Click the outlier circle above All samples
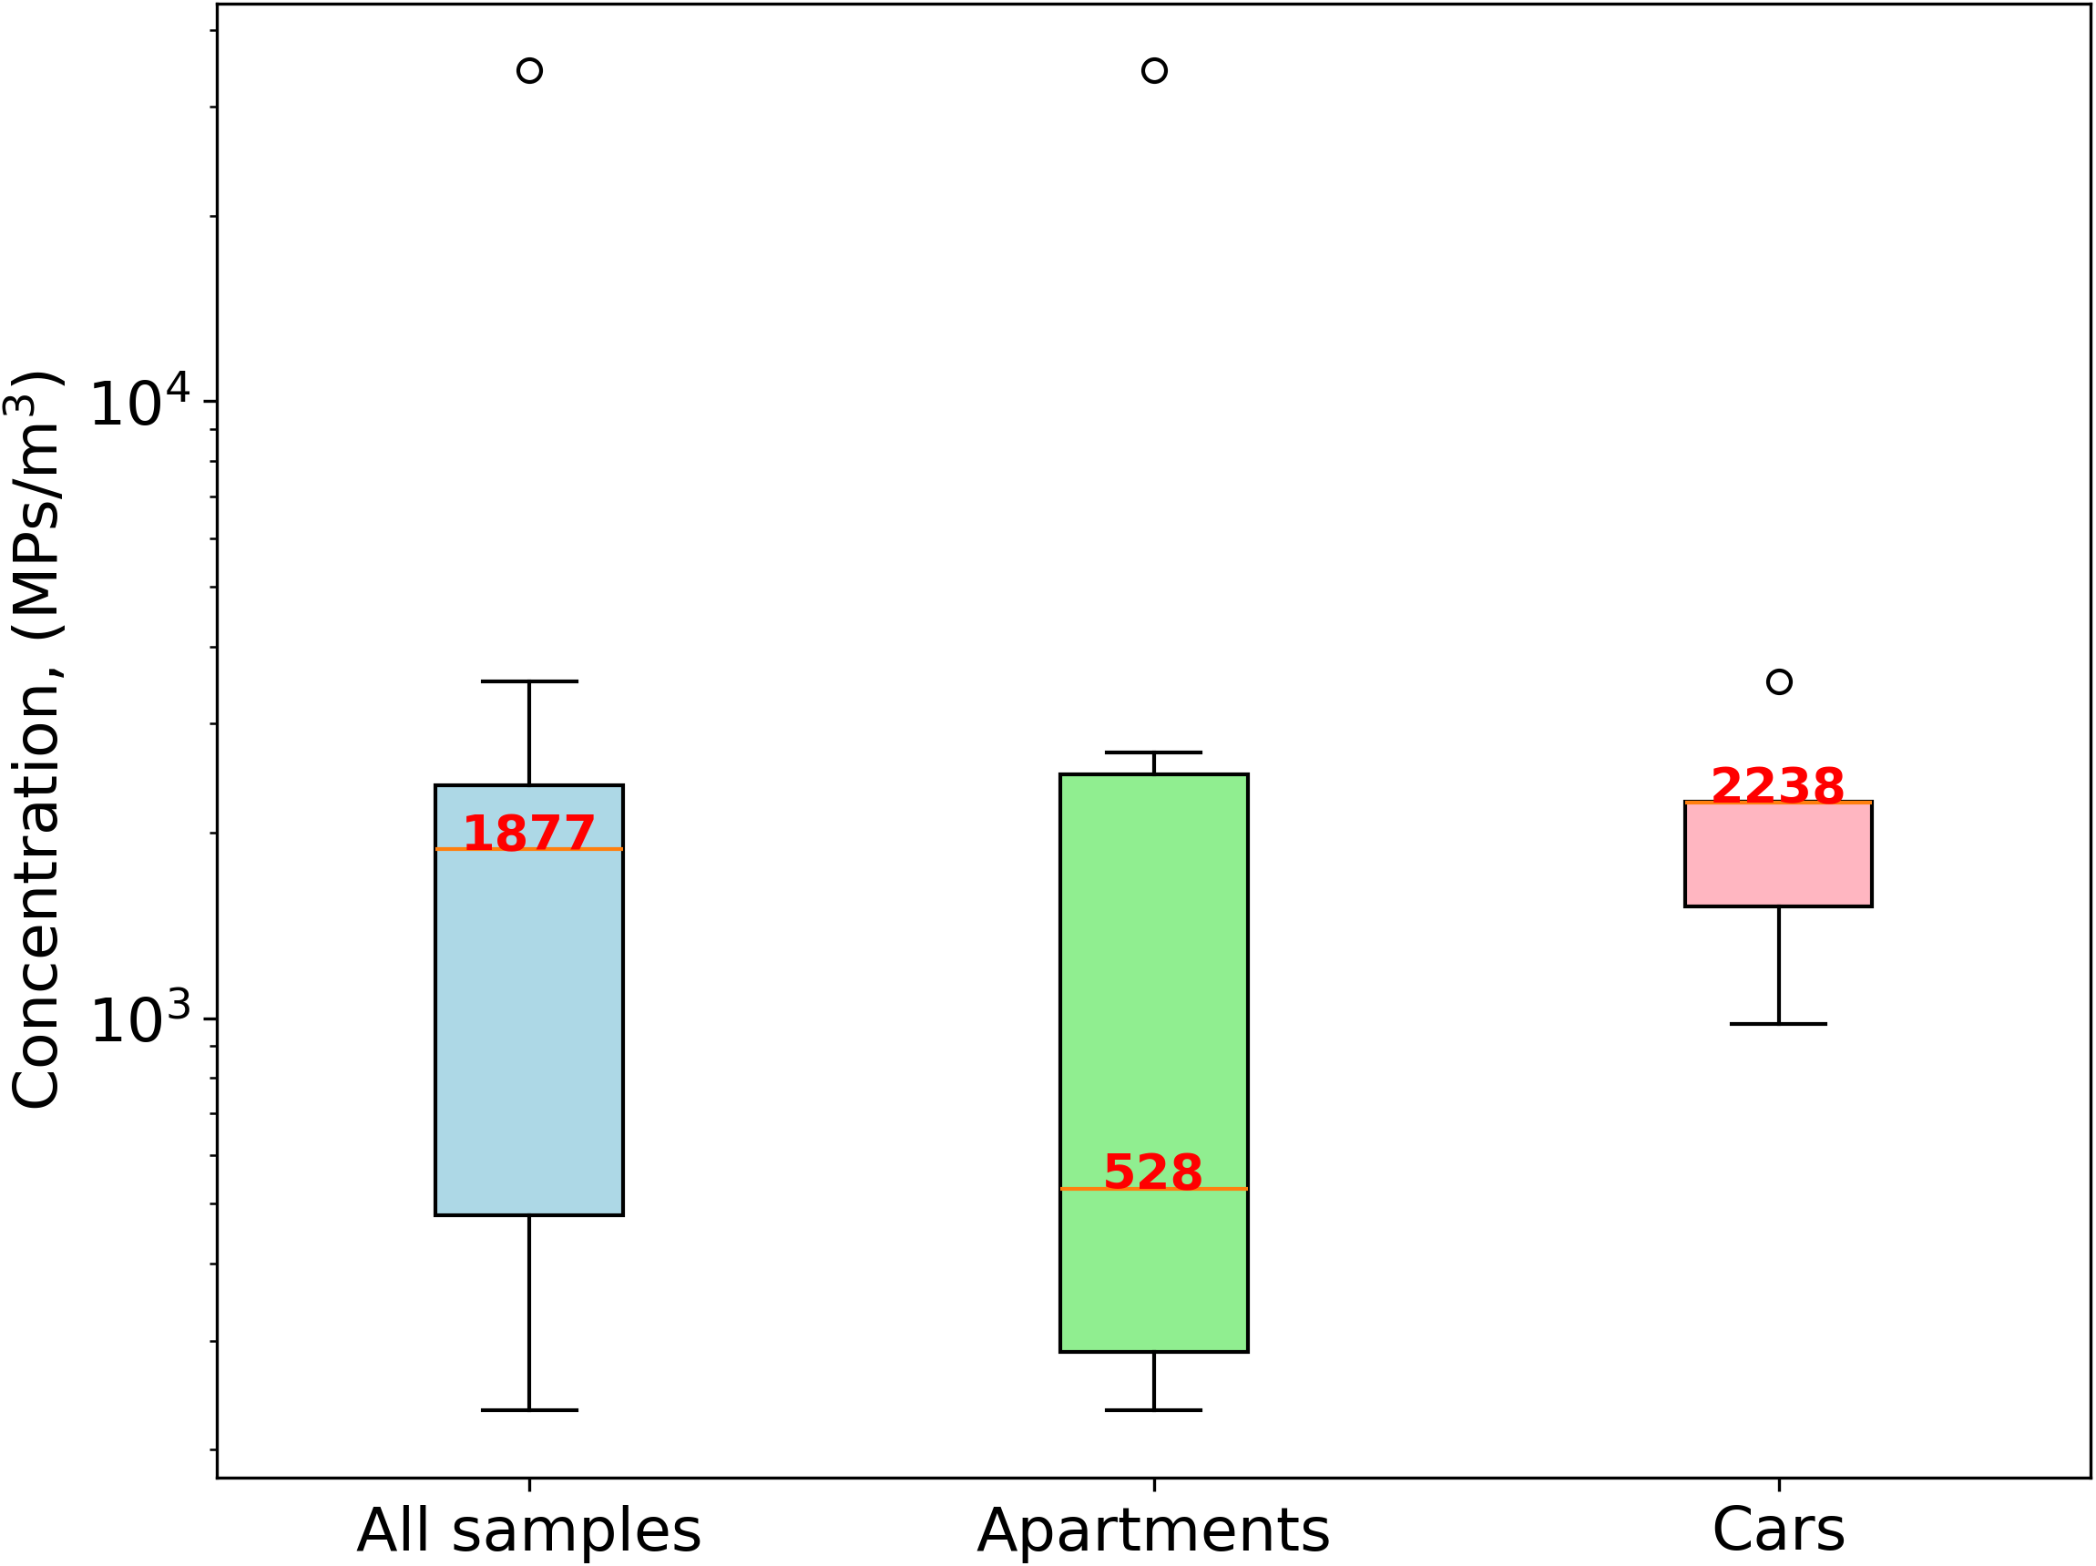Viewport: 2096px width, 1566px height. (529, 71)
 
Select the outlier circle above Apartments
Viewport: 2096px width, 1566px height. (1154, 71)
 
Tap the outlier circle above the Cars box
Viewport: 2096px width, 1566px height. (1780, 682)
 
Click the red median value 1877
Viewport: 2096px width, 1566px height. (528, 834)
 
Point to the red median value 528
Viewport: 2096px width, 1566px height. (1153, 1172)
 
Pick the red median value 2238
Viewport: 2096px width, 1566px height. (1777, 786)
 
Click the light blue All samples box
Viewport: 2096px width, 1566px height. (528, 1023)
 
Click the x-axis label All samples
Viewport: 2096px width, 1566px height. (528, 1531)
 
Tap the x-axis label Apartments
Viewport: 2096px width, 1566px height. (1153, 1531)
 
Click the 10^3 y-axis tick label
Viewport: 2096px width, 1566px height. (139, 1021)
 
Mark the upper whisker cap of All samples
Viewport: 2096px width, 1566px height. (528, 681)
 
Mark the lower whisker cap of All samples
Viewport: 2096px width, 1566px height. (528, 1410)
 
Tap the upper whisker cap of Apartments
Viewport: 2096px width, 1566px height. (1153, 752)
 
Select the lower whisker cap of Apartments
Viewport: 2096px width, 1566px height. (1153, 1410)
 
